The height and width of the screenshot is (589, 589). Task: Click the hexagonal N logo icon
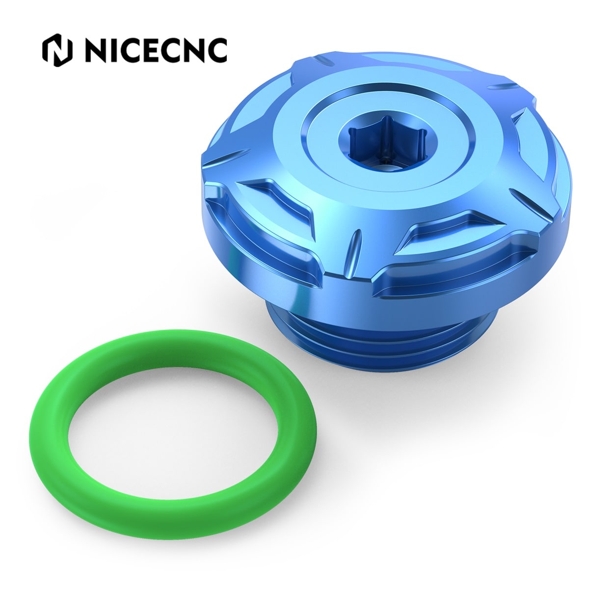pyautogui.click(x=57, y=50)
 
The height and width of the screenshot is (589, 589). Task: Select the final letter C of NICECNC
pyautogui.click(x=216, y=50)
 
